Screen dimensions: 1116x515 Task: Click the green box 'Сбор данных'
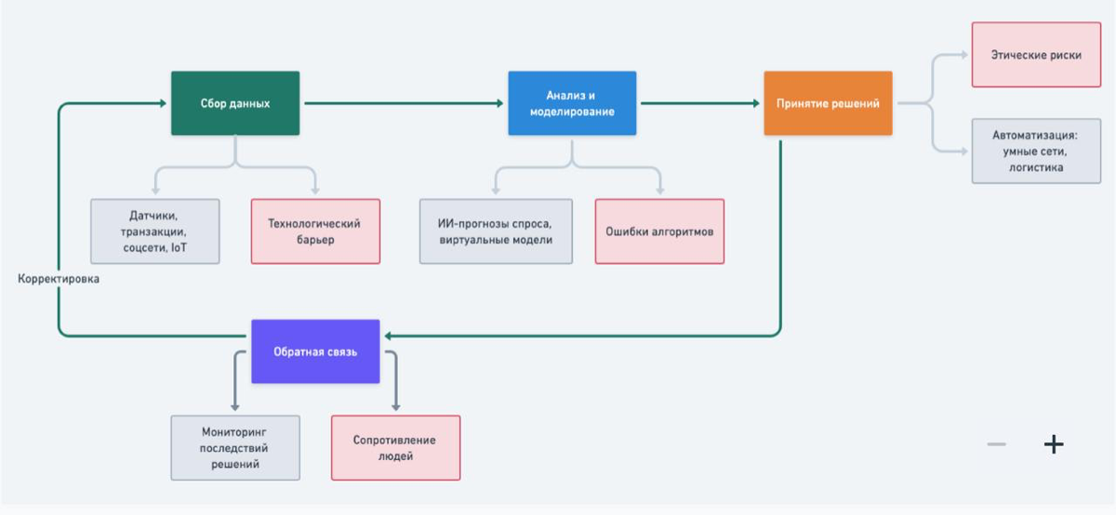point(235,103)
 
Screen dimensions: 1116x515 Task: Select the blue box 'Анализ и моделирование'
point(572,103)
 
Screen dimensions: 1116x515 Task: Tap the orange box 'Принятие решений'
point(828,103)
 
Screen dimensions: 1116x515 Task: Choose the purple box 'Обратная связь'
point(315,351)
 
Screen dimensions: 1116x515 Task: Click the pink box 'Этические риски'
point(1036,55)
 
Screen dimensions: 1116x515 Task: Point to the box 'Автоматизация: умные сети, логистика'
point(1036,151)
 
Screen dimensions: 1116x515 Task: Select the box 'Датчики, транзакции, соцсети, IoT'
point(155,231)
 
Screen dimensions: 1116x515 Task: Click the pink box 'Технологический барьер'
point(315,231)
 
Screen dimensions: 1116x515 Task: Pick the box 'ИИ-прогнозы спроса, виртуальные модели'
point(496,231)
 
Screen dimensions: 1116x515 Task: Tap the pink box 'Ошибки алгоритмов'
point(659,231)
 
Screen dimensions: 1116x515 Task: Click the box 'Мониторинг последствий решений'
point(235,448)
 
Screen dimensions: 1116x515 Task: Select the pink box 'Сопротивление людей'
point(395,448)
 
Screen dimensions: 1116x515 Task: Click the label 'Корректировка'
point(59,279)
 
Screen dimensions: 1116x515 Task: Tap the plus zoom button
point(1054,443)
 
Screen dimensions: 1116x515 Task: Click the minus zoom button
point(996,443)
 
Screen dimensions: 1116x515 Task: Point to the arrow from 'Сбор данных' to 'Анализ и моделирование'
point(404,103)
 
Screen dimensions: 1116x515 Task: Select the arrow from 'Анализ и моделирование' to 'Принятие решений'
point(700,103)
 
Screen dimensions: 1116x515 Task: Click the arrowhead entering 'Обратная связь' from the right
point(388,336)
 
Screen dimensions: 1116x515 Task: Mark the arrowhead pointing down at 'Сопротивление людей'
point(395,407)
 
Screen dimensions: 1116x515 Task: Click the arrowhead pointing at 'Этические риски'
point(964,55)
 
